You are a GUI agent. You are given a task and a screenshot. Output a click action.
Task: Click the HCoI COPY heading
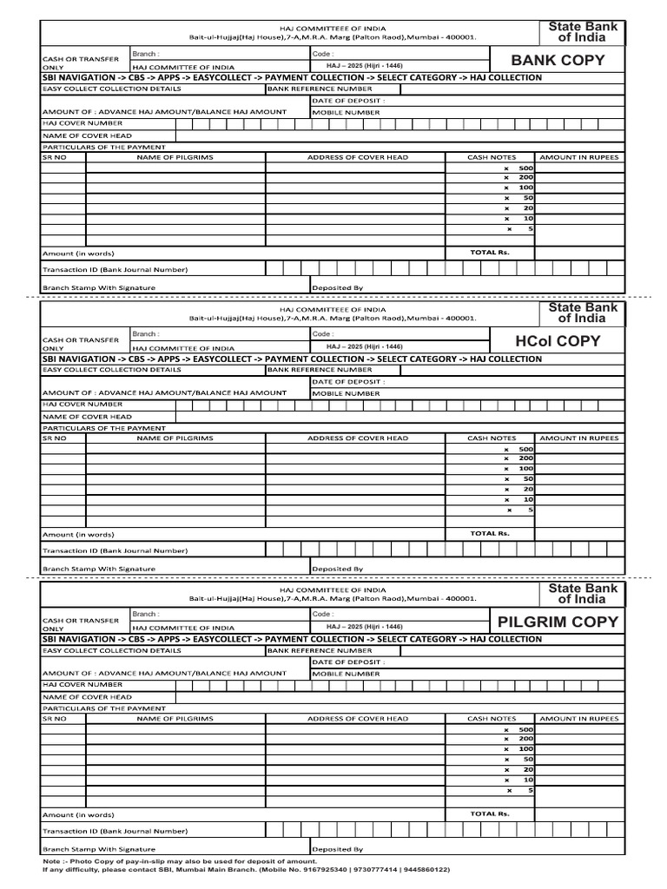click(558, 340)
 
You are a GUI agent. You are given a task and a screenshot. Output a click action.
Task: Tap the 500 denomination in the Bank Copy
click(525, 168)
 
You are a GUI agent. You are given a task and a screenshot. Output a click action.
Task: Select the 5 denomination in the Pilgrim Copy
click(530, 790)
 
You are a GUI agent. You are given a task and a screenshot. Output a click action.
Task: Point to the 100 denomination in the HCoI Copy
click(525, 469)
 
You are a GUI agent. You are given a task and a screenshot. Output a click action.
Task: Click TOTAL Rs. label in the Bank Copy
click(490, 253)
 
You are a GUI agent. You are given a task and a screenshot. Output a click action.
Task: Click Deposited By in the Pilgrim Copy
click(337, 849)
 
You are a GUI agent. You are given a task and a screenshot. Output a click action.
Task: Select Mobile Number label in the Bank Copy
click(346, 112)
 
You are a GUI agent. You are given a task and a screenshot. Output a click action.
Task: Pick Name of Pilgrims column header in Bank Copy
click(175, 157)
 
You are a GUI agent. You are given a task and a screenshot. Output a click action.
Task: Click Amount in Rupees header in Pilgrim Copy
click(579, 719)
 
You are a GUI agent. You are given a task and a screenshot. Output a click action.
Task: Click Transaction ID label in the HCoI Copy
click(115, 550)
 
